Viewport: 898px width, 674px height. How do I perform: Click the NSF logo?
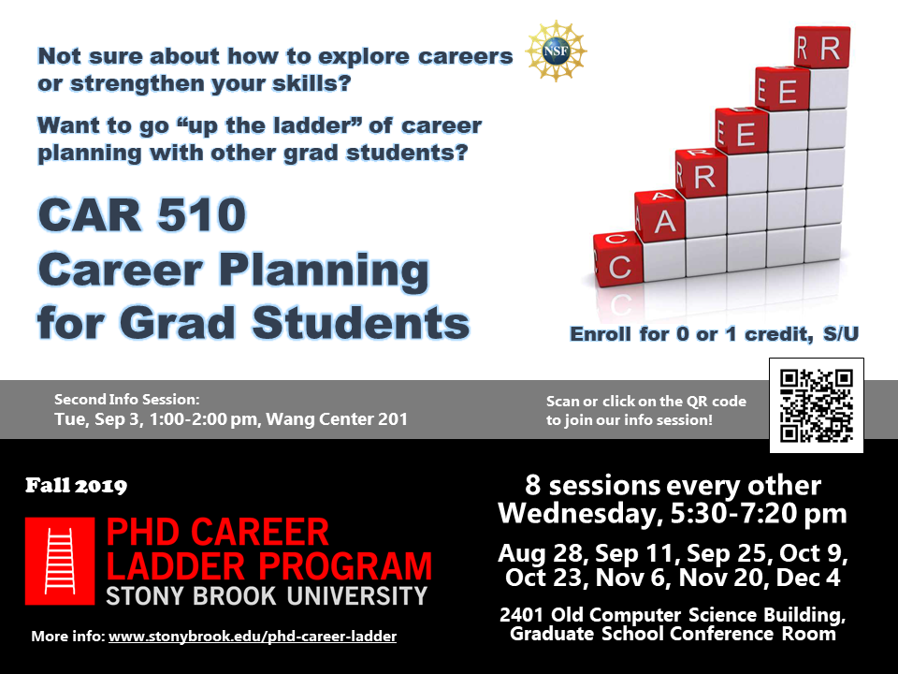[x=556, y=51]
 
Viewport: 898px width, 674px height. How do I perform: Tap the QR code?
[x=816, y=405]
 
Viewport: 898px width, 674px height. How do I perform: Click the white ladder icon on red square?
[x=60, y=561]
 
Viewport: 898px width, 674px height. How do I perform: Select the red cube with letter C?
[x=617, y=259]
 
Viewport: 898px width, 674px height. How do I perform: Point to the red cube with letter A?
[x=659, y=215]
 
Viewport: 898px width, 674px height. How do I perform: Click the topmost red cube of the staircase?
[x=822, y=47]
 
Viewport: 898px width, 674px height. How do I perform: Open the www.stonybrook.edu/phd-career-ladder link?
[x=253, y=637]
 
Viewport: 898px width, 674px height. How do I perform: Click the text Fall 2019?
[x=76, y=486]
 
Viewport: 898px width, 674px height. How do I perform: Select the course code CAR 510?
[x=142, y=214]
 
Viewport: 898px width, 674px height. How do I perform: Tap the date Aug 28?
[x=542, y=553]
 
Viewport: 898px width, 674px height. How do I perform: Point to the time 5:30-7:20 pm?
[x=759, y=514]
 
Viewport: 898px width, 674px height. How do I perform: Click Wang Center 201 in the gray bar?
[x=337, y=419]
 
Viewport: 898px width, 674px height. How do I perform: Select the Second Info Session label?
[x=127, y=400]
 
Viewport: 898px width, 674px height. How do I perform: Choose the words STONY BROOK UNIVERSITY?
[x=267, y=596]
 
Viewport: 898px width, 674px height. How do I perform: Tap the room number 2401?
[x=521, y=614]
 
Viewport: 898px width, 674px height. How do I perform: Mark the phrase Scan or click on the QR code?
[x=646, y=402]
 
